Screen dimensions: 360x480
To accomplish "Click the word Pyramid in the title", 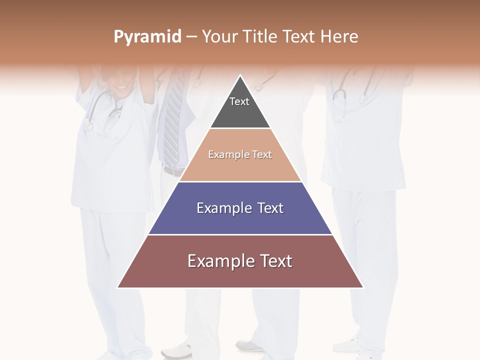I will [x=147, y=37].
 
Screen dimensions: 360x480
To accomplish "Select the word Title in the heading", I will [x=260, y=36].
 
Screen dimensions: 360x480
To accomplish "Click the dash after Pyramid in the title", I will [x=191, y=37].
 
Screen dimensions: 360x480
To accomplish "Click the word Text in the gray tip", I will [x=239, y=101].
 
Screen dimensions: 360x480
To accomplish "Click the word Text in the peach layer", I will [x=262, y=154].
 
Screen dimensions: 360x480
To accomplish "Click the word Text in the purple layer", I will [x=270, y=208].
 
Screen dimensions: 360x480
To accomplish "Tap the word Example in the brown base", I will [x=216, y=261].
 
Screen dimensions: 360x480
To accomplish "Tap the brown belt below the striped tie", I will [x=173, y=171].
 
